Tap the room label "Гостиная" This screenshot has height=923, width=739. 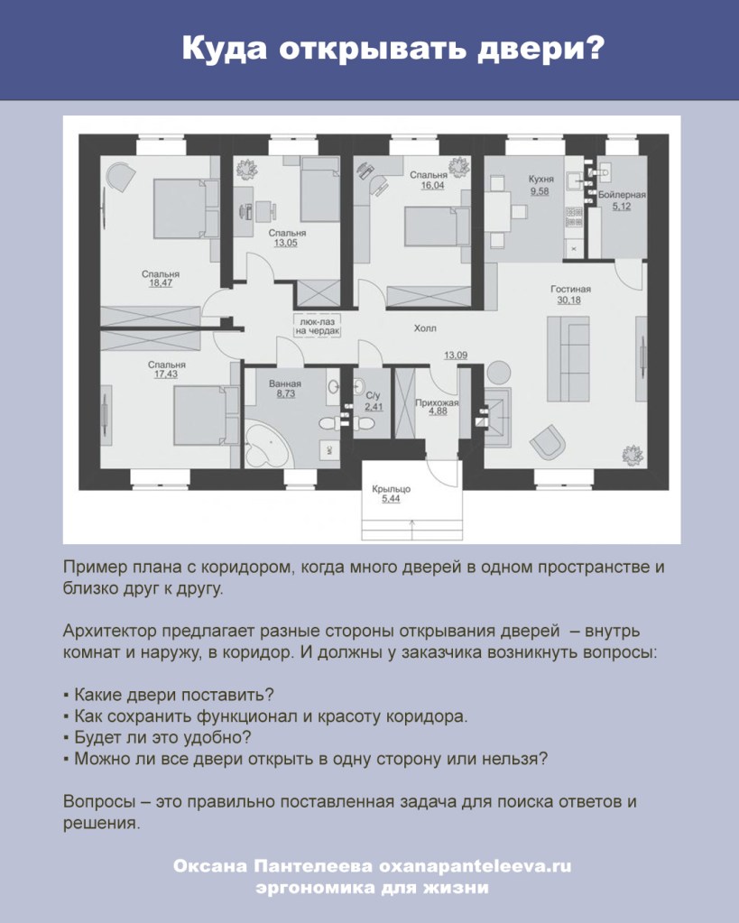tap(570, 289)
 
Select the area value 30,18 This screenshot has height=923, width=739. tap(568, 300)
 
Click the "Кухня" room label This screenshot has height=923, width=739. tap(540, 179)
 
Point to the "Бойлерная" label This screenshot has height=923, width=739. tap(622, 194)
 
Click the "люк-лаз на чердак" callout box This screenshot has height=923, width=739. tap(318, 327)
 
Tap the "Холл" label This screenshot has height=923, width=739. tap(425, 328)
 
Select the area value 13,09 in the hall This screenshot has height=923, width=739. tap(455, 355)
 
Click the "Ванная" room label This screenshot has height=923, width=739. tap(285, 383)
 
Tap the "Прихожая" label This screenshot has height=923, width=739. tap(437, 402)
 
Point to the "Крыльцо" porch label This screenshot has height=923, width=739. tap(391, 489)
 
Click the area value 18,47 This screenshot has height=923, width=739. tap(161, 283)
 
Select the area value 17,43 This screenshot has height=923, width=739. tap(166, 374)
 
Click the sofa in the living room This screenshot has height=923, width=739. tap(568, 358)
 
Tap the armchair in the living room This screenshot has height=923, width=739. tap(549, 441)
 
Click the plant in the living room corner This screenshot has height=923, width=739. tap(633, 454)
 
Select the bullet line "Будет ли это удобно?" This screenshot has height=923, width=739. tap(157, 737)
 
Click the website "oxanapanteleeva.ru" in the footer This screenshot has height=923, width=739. tap(476, 866)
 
